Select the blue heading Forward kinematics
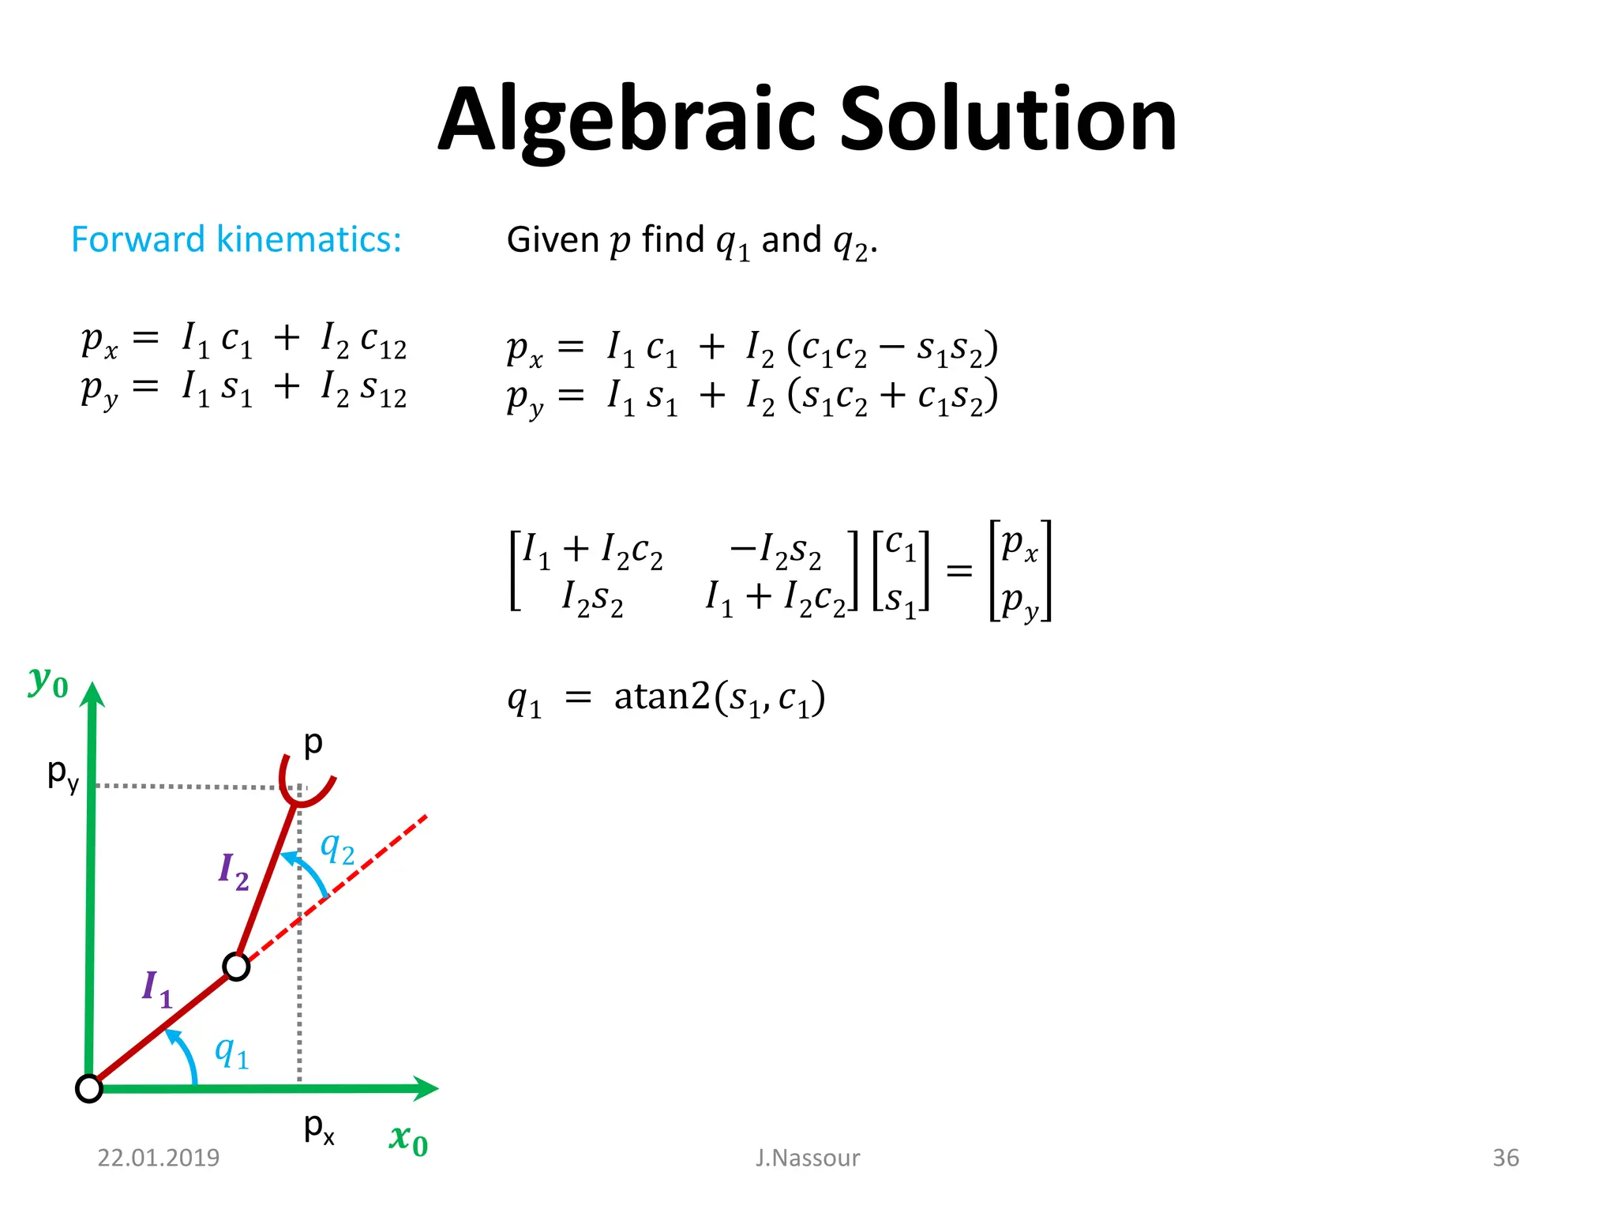(236, 239)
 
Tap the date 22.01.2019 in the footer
(158, 1158)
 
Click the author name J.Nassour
(807, 1158)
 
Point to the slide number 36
(1505, 1158)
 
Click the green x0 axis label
(408, 1140)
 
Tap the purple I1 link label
(156, 989)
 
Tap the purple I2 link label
(234, 871)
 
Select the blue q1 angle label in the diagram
(232, 1052)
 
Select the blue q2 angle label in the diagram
(337, 849)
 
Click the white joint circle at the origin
(89, 1088)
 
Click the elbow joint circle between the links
(236, 967)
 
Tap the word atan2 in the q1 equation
(662, 697)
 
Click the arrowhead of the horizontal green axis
(426, 1087)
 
